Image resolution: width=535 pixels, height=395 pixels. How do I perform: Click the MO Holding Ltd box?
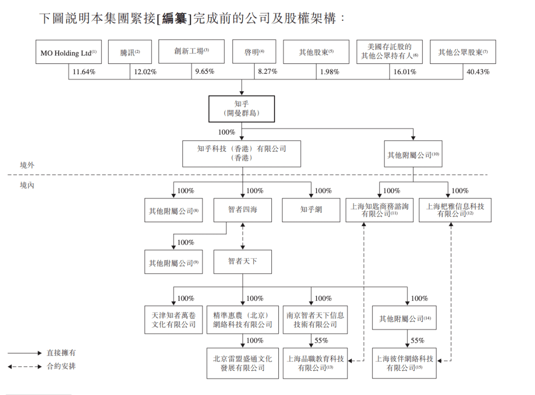point(68,52)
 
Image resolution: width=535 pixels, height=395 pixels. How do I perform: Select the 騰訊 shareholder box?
point(130,52)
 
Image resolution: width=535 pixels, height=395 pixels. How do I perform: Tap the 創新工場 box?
point(191,52)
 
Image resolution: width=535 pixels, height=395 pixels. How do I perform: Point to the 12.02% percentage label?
point(145,72)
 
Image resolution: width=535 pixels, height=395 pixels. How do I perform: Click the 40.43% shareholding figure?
point(478,72)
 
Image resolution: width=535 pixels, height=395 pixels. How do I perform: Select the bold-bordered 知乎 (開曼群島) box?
point(241,109)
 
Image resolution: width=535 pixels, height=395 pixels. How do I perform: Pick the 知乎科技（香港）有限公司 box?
point(241,153)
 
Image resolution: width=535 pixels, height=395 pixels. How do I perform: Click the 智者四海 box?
point(243,210)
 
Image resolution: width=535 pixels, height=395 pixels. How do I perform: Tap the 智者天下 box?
point(243,261)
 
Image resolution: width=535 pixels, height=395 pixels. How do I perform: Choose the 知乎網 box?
point(311,210)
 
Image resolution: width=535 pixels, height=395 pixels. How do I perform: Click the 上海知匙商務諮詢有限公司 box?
point(379,210)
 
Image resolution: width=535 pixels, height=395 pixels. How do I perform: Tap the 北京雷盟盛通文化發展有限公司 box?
point(243,363)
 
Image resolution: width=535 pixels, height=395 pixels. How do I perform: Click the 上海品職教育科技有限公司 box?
point(315,363)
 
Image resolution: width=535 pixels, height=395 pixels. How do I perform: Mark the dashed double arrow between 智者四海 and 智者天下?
point(243,236)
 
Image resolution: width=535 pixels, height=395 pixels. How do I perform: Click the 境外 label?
point(27,165)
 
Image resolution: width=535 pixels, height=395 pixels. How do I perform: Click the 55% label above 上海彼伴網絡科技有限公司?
point(418,341)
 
